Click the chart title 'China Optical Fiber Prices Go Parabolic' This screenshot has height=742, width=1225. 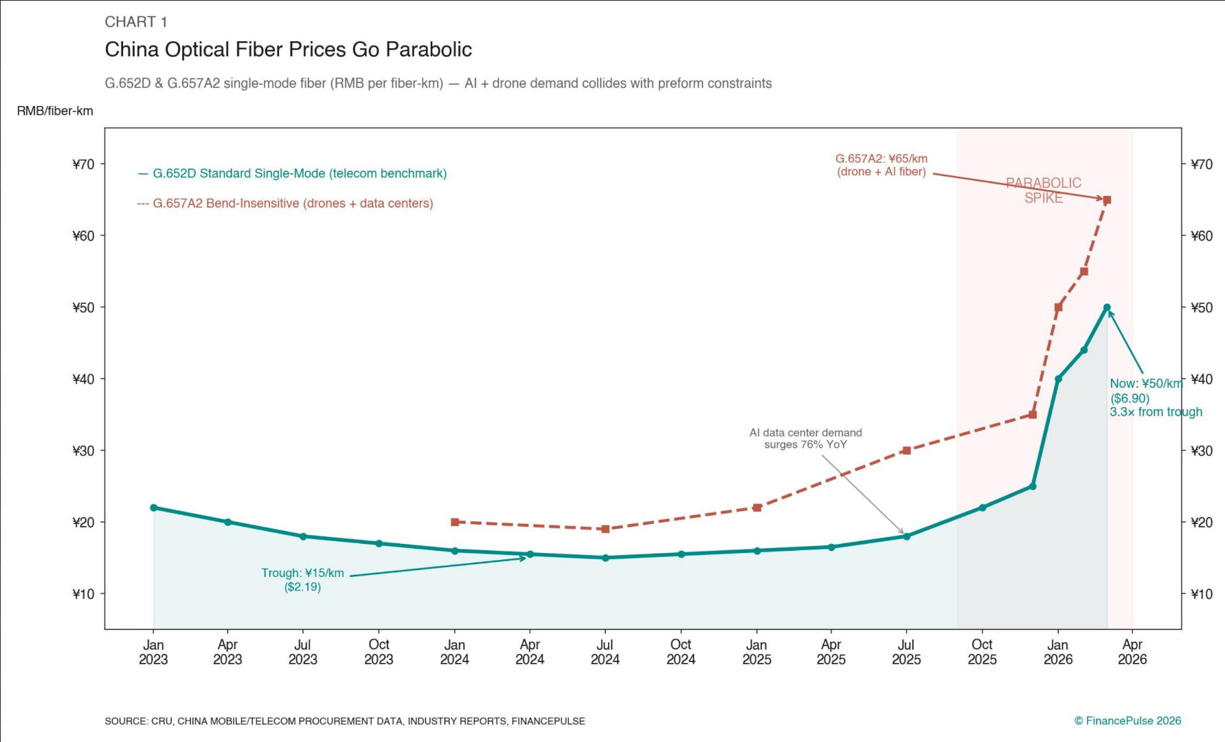288,50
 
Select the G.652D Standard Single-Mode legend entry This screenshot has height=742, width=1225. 293,173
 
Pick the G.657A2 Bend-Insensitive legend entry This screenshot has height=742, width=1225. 286,204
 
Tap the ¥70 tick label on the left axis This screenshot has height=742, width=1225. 83,164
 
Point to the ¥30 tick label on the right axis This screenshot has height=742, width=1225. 1202,450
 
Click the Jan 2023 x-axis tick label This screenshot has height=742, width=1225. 153,652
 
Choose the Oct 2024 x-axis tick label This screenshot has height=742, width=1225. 681,652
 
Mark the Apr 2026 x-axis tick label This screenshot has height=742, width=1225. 1132,652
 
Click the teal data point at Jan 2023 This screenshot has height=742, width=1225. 153,508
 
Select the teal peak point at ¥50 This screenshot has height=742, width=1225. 1107,307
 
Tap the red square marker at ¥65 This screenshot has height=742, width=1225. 1107,200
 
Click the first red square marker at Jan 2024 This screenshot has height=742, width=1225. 455,522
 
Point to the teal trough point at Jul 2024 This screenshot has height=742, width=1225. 605,558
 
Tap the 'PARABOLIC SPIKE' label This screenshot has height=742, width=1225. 1043,190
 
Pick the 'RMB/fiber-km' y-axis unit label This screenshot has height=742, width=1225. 55,111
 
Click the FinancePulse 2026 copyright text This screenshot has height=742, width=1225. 1127,721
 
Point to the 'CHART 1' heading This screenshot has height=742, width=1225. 136,22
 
